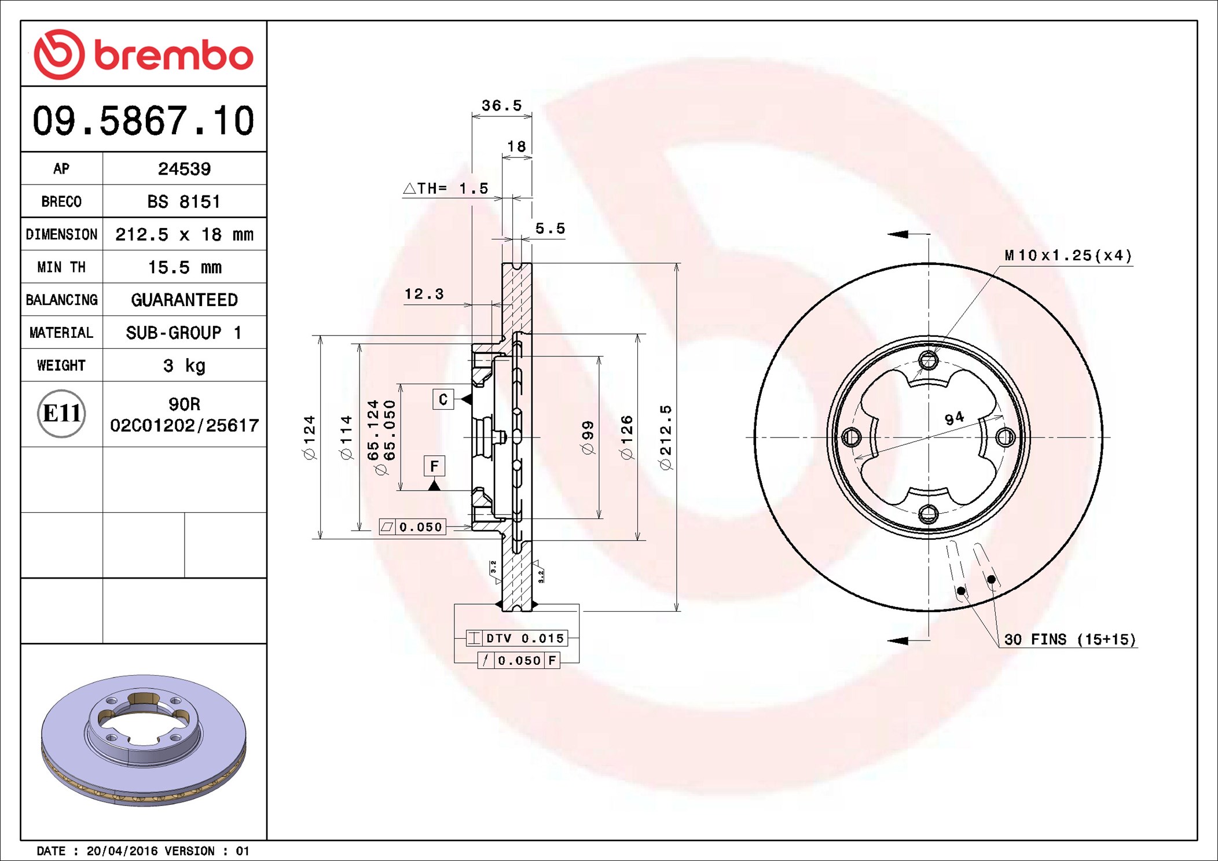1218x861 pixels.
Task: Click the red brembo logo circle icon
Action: point(59,54)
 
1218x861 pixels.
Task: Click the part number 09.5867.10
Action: point(144,120)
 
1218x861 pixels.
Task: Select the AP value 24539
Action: point(184,169)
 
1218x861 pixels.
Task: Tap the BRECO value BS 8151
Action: point(184,201)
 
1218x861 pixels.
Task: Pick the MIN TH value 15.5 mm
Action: point(185,267)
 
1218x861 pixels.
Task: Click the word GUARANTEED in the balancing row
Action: point(184,300)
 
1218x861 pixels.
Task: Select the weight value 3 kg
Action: point(184,366)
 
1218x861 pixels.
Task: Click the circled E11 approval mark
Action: point(61,414)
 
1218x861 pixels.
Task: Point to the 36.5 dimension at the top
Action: point(501,105)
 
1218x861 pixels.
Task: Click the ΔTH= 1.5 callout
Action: point(445,188)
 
